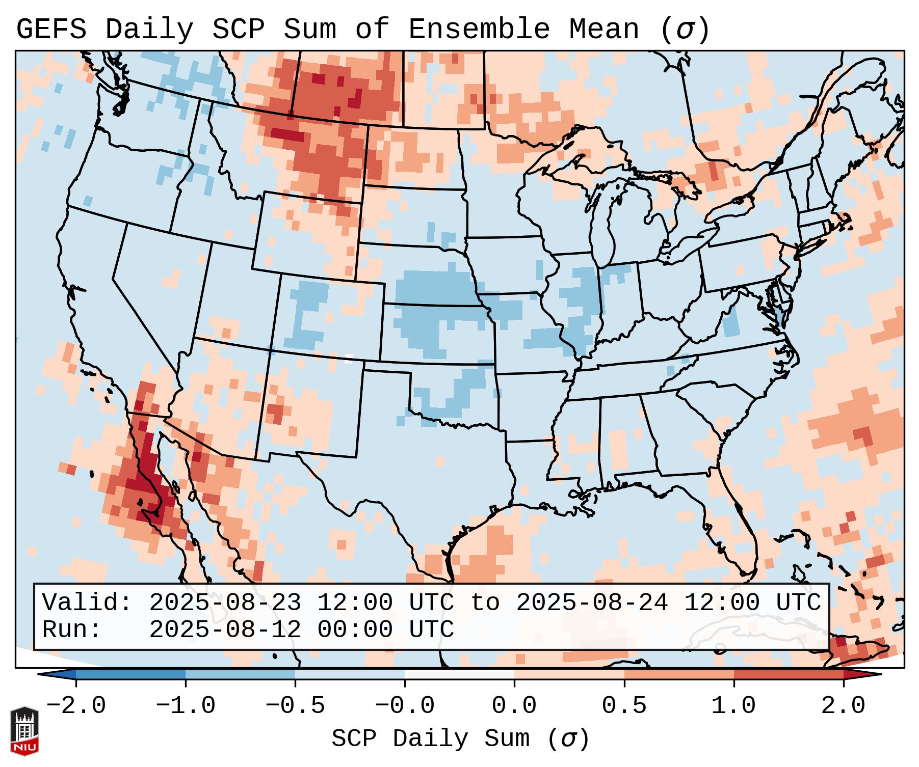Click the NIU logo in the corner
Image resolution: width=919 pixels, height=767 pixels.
(x=24, y=730)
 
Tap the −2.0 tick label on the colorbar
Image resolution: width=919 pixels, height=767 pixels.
(x=76, y=706)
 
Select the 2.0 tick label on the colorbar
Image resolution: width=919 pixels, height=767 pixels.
(x=843, y=706)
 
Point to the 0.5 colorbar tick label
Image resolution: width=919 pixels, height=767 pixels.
(x=624, y=706)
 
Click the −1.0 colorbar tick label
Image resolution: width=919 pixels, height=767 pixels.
(x=186, y=706)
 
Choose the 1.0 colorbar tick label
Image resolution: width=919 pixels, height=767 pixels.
(x=733, y=706)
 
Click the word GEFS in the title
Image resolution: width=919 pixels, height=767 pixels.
(x=51, y=30)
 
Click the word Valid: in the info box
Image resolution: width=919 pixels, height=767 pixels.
(x=87, y=603)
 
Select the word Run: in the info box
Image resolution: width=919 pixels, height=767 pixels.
(x=72, y=629)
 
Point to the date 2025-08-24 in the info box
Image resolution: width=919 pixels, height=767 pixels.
(x=592, y=603)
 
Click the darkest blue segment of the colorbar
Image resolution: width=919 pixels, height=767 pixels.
(x=130, y=674)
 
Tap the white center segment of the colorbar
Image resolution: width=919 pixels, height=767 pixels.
(x=459, y=674)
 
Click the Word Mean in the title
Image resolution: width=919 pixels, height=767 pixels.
(x=603, y=30)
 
